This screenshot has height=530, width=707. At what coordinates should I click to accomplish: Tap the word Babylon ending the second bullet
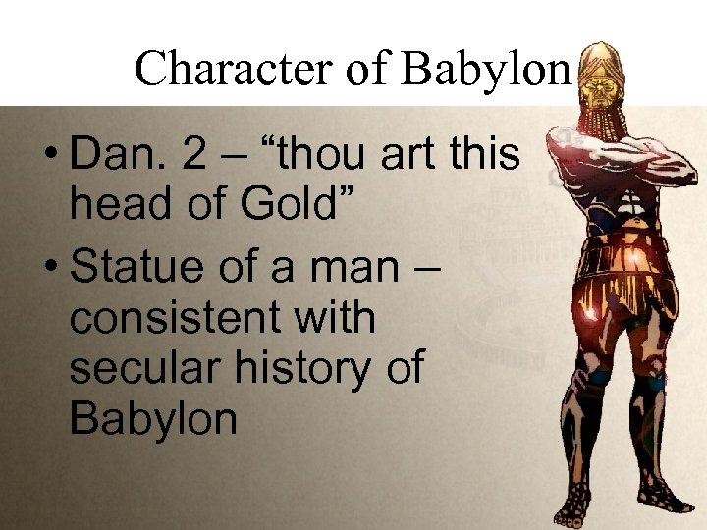coord(153,419)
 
